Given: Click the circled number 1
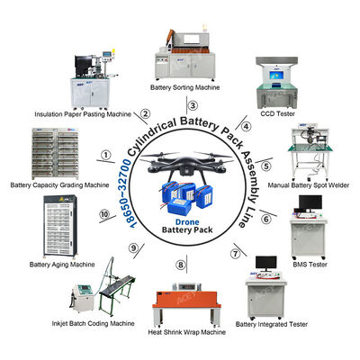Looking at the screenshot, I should coord(107,155).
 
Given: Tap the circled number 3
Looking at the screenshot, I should coord(181,106).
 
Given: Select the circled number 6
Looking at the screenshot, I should coord(266,217).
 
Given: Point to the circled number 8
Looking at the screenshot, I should coord(181,265).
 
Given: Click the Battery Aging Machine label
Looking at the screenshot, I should coord(61,265).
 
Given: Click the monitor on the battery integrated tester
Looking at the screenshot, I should coord(265,263).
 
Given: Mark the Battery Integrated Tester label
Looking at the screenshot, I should coord(271,323).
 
